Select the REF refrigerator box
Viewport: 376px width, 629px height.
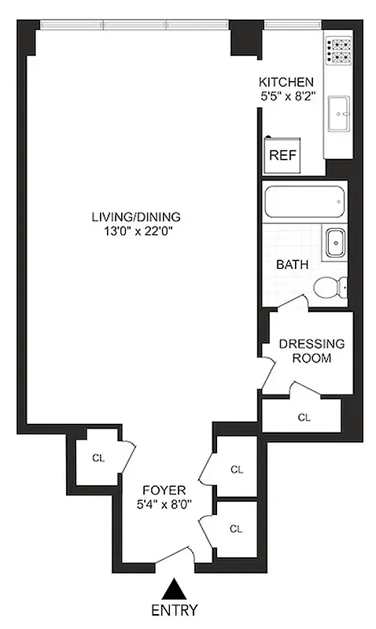point(282,155)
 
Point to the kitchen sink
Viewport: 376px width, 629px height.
point(340,113)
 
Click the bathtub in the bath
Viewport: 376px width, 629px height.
point(304,203)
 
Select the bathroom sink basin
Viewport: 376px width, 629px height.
point(335,243)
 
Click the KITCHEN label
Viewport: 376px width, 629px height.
point(286,82)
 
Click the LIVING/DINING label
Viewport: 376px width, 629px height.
point(135,217)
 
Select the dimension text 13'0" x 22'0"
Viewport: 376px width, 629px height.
point(135,231)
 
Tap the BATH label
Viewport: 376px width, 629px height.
point(290,264)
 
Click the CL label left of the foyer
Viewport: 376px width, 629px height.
point(98,458)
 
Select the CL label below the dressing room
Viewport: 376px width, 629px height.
point(303,417)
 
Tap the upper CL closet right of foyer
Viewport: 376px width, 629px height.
point(236,469)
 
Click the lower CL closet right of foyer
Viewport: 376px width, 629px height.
point(236,528)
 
